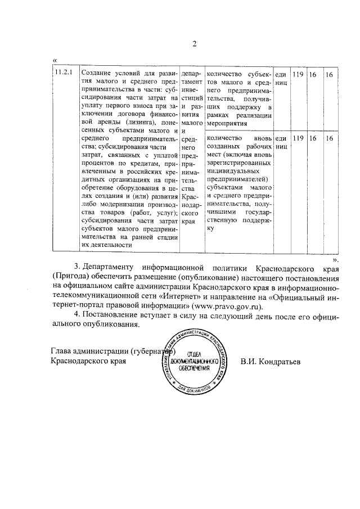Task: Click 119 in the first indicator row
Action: coord(298,74)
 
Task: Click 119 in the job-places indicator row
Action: coord(298,138)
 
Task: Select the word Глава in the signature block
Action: coord(62,352)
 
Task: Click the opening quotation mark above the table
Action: coord(54,60)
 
